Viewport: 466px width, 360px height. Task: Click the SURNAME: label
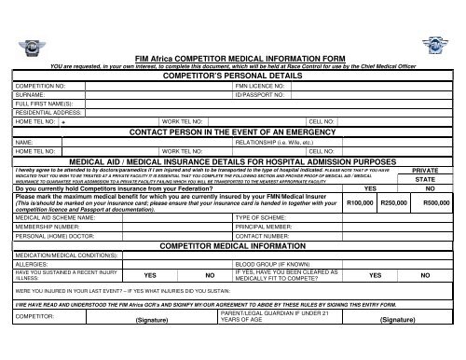click(29, 94)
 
